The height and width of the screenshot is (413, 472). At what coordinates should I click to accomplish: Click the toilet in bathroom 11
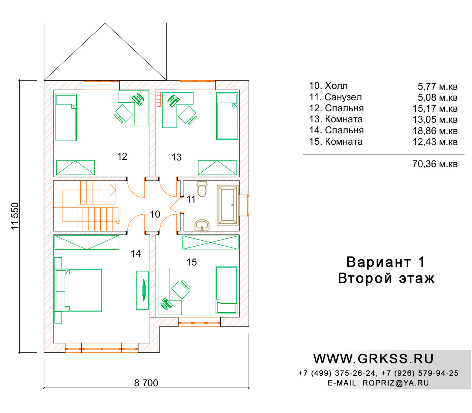click(x=202, y=189)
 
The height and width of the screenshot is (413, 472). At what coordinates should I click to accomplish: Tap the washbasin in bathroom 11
click(x=202, y=225)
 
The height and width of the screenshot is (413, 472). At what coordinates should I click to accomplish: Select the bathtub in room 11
click(x=227, y=205)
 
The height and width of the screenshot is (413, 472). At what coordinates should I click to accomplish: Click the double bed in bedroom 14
click(x=78, y=290)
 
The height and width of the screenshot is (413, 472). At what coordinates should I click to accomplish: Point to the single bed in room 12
click(x=66, y=117)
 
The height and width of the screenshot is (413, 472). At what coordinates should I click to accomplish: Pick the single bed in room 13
click(x=227, y=116)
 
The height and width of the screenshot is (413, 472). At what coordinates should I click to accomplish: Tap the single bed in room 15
click(x=226, y=290)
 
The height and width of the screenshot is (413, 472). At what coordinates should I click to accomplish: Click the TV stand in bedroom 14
click(x=142, y=290)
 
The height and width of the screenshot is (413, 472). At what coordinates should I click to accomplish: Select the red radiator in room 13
click(x=159, y=99)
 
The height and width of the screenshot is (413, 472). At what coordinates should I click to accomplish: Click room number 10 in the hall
click(x=155, y=214)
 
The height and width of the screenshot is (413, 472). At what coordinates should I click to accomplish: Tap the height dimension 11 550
click(x=15, y=216)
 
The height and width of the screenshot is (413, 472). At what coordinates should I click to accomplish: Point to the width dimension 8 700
click(x=146, y=383)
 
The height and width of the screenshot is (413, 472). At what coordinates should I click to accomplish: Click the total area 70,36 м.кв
click(x=435, y=164)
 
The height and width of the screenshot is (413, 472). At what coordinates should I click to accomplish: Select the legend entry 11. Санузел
click(x=336, y=97)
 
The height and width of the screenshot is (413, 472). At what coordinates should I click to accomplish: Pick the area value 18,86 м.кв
click(x=435, y=131)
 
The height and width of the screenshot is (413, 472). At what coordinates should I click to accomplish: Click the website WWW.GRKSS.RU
click(x=373, y=359)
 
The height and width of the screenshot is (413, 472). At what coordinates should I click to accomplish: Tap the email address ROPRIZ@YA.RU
click(x=396, y=383)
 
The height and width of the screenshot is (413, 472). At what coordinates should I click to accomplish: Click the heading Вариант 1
click(x=386, y=262)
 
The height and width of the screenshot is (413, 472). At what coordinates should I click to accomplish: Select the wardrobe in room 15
click(x=210, y=242)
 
